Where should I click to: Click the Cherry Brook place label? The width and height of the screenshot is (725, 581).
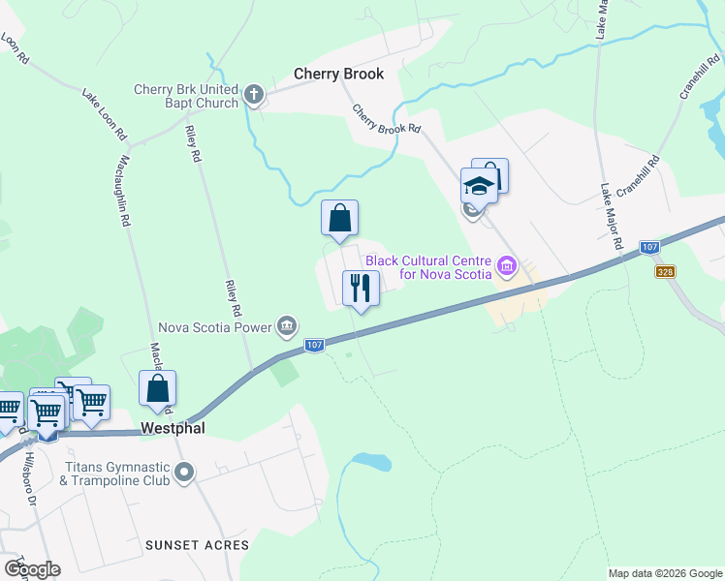[339, 74]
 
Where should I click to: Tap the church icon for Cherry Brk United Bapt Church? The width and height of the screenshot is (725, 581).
[254, 94]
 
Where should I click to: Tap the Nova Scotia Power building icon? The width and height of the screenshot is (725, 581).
[286, 326]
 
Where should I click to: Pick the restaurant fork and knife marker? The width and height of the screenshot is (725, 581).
[361, 288]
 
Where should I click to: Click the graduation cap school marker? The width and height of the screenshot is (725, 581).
[478, 184]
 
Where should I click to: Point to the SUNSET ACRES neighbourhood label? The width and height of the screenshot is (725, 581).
[197, 545]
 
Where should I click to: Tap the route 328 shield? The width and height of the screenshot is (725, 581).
[664, 273]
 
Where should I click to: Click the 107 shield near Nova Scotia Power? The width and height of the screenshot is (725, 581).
[313, 345]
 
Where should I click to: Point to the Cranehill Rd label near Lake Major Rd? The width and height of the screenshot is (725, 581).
[636, 174]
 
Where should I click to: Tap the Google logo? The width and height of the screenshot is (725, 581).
[32, 569]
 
